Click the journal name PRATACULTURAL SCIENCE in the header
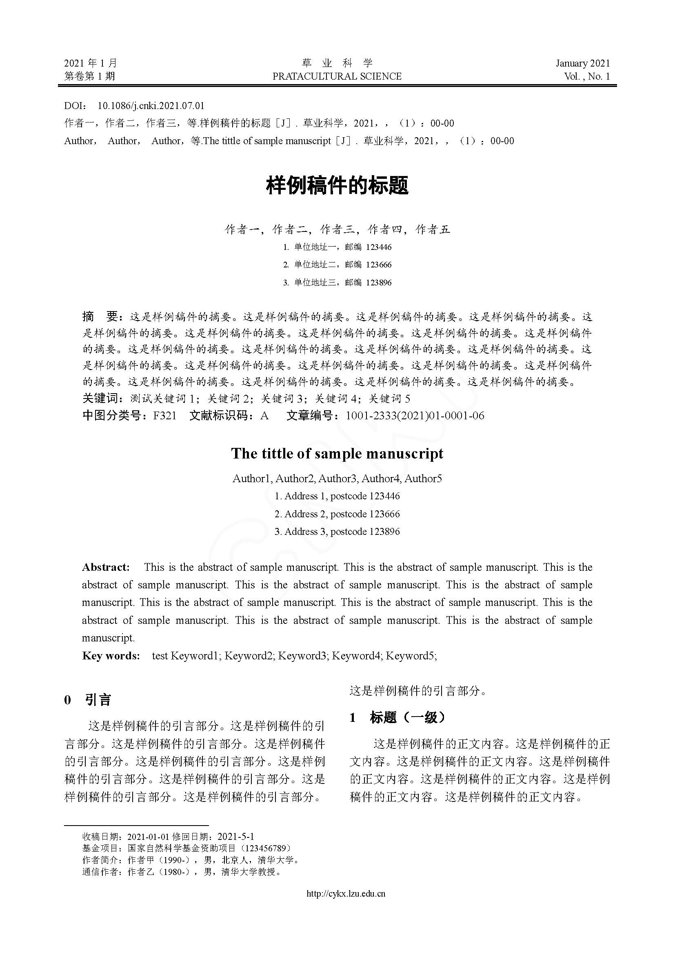pos(337,76)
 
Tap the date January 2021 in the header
pos(583,63)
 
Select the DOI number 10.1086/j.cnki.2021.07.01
pos(151,106)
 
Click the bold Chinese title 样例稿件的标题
pos(337,185)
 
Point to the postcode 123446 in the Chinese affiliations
pos(379,247)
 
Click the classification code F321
pos(164,416)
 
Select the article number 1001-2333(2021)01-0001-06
pos(415,416)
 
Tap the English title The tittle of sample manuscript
pos(337,453)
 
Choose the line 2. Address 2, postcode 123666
pos(337,514)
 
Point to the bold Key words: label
pos(111,656)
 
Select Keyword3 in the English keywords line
pos(302,656)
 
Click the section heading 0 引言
pos(88,700)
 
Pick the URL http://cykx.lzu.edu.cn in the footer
pos(346,893)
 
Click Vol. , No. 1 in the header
pos(587,76)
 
